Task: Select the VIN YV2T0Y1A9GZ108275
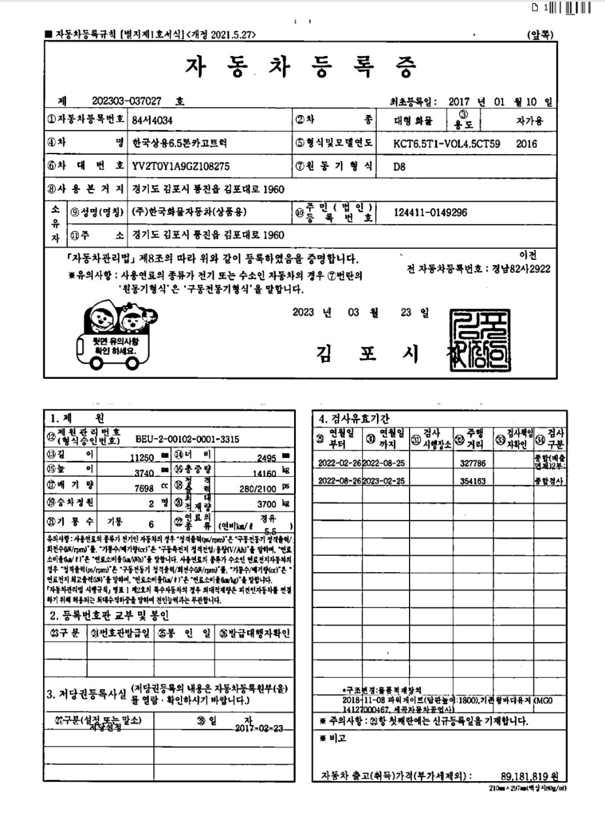tap(181, 166)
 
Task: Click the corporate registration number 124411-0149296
tap(431, 213)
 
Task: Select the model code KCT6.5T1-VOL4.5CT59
tap(448, 143)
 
